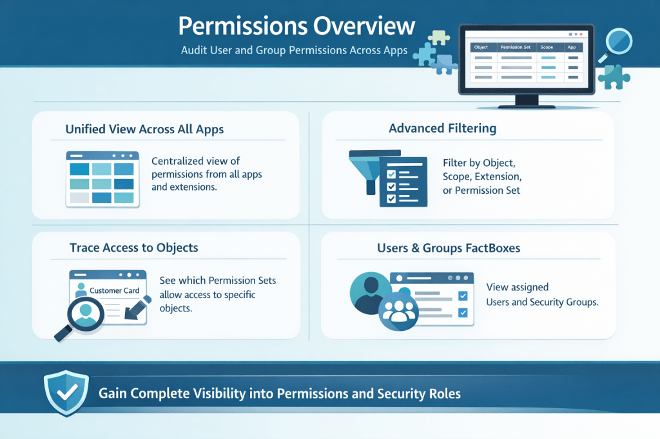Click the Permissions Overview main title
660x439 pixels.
tap(296, 26)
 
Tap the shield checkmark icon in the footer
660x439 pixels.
tap(66, 393)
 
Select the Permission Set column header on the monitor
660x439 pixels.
tap(515, 47)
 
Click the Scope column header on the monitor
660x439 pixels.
tap(547, 47)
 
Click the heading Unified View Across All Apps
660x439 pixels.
tap(144, 129)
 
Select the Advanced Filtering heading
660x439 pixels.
tap(442, 128)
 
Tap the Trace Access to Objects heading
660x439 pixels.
tap(134, 248)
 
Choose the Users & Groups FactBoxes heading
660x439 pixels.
tap(449, 248)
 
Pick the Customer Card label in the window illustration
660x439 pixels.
tap(114, 290)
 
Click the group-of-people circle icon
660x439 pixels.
tap(398, 311)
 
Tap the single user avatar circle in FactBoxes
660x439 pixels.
tap(370, 293)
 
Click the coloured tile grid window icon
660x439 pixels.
tap(102, 180)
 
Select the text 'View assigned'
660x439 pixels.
tap(518, 287)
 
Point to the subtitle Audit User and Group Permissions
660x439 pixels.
tap(294, 50)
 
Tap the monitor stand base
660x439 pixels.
tap(527, 106)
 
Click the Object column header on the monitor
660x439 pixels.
tap(481, 47)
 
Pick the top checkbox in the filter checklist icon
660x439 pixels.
tap(391, 174)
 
